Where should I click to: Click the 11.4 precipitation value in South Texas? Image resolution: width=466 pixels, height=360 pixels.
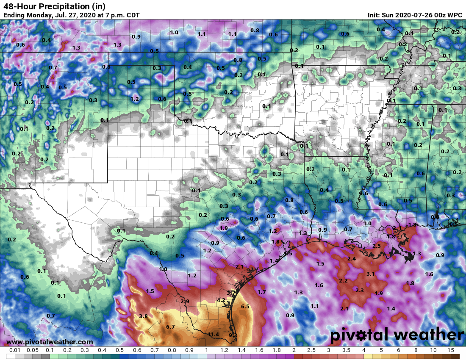coord(214,335)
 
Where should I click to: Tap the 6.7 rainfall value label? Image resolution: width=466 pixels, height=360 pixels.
coord(171,327)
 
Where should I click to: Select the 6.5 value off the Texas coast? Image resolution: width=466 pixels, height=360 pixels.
coord(245,306)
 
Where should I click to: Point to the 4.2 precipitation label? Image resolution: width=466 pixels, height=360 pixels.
coord(221,300)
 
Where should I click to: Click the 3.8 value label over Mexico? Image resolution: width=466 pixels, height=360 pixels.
coord(143,316)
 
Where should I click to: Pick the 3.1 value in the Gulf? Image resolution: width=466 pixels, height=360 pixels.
coord(370,274)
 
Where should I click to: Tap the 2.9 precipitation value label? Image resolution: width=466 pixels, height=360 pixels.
coord(185,301)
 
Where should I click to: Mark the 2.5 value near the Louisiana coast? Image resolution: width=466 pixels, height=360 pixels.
coord(376,246)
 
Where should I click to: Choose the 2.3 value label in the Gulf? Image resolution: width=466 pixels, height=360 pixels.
coord(360,290)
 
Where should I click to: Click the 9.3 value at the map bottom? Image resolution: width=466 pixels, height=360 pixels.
coord(233,335)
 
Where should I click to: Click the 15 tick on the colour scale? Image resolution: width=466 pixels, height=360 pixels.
coord(451,351)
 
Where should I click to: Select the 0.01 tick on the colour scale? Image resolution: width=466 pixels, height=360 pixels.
coord(14,351)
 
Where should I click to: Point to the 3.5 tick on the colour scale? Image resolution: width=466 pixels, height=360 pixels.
coord(346,351)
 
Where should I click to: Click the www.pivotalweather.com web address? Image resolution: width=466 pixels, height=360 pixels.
coord(50,342)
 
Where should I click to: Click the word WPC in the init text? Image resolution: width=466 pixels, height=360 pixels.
coord(455,15)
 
